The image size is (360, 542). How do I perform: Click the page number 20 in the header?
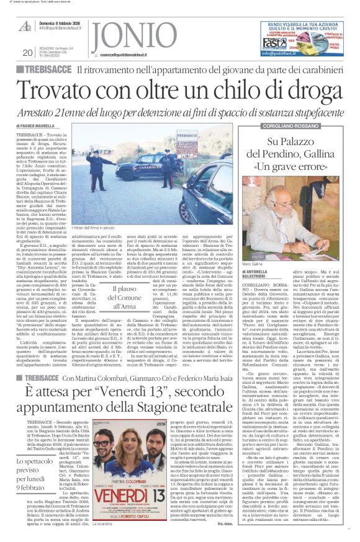(27, 52)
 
